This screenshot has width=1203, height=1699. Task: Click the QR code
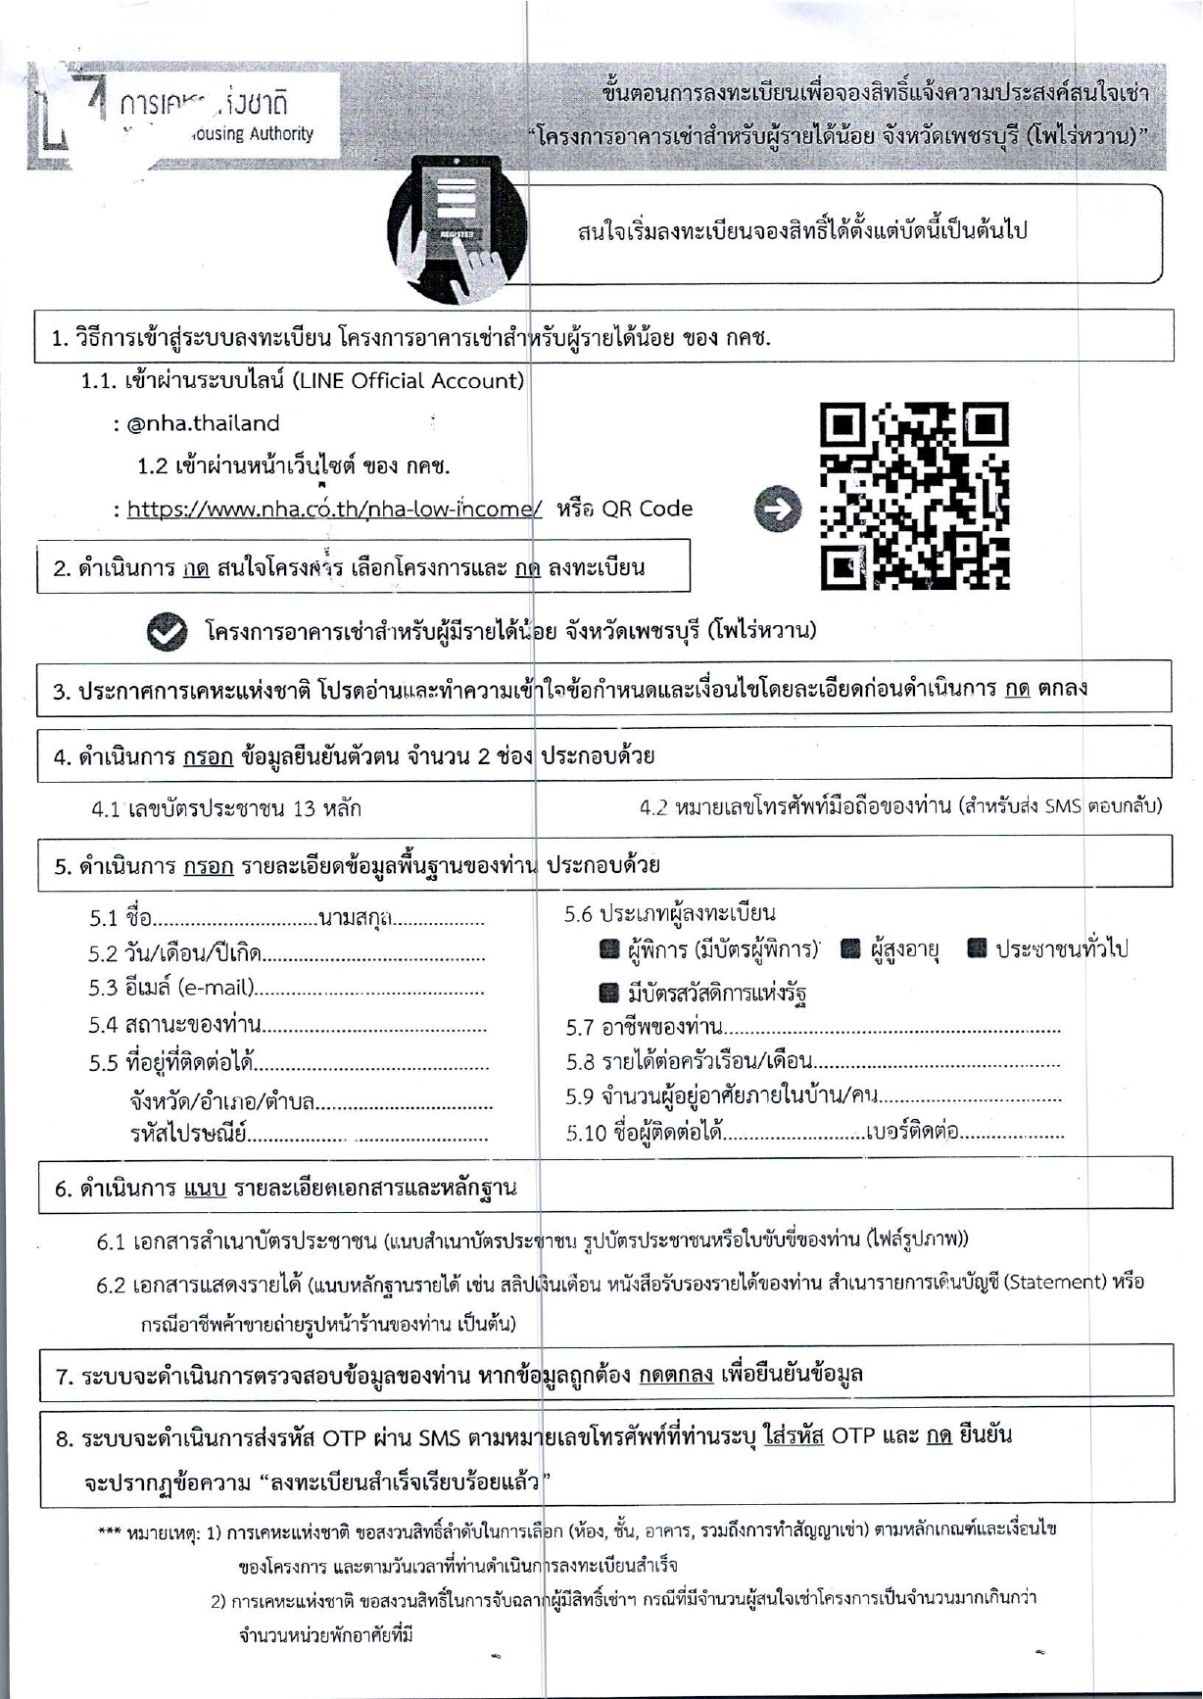pyautogui.click(x=914, y=496)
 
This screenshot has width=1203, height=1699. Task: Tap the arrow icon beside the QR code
pyautogui.click(x=778, y=510)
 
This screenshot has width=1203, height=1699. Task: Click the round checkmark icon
pyautogui.click(x=167, y=633)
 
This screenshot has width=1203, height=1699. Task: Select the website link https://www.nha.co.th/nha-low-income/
pyautogui.click(x=334, y=509)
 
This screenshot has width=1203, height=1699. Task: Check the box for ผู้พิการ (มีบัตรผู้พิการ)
pyautogui.click(x=609, y=948)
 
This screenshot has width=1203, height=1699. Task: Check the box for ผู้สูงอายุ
pyautogui.click(x=851, y=948)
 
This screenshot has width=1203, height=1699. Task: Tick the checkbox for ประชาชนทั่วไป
pyautogui.click(x=977, y=948)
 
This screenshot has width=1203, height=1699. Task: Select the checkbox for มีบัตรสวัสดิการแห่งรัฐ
pyautogui.click(x=609, y=994)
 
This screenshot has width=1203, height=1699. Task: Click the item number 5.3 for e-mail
pyautogui.click(x=103, y=988)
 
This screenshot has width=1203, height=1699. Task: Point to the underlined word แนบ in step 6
pyautogui.click(x=205, y=1189)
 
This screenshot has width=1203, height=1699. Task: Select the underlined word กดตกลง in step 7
pyautogui.click(x=676, y=1375)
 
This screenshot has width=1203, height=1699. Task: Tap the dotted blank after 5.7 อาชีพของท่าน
pyautogui.click(x=891, y=1030)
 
